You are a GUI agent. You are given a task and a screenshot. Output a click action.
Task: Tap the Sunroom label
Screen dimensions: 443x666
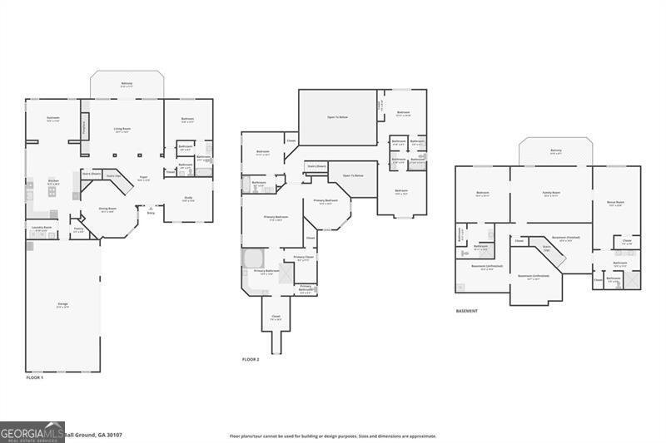pyautogui.click(x=53, y=119)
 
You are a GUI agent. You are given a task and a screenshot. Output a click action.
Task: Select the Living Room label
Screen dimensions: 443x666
pyautogui.click(x=122, y=130)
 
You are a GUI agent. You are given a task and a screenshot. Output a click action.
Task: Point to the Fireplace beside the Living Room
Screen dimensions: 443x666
pyautogui.click(x=84, y=127)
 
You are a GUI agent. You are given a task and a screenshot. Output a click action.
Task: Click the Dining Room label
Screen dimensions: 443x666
pyautogui.click(x=108, y=211)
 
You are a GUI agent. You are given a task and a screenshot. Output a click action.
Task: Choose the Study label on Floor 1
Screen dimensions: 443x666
pyautogui.click(x=188, y=199)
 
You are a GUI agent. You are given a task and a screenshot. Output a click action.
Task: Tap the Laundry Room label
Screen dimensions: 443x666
pyautogui.click(x=42, y=228)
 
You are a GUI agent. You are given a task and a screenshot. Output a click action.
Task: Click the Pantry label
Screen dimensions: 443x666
pyautogui.click(x=77, y=229)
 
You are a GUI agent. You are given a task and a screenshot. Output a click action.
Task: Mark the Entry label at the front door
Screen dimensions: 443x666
pyautogui.click(x=151, y=214)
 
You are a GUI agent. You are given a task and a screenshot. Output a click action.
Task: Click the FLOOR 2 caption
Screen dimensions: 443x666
pyautogui.click(x=251, y=359)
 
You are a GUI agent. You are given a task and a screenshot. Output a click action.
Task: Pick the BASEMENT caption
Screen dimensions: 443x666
pyautogui.click(x=467, y=311)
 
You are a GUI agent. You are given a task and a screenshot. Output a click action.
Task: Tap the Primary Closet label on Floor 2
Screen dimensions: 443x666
pyautogui.click(x=304, y=258)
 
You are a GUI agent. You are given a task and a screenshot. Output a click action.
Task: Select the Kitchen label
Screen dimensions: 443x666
pyautogui.click(x=52, y=181)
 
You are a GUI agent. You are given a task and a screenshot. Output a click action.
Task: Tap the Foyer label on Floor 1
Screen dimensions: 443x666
pyautogui.click(x=143, y=177)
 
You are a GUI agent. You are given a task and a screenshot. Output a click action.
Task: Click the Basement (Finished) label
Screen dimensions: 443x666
pyautogui.click(x=565, y=238)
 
